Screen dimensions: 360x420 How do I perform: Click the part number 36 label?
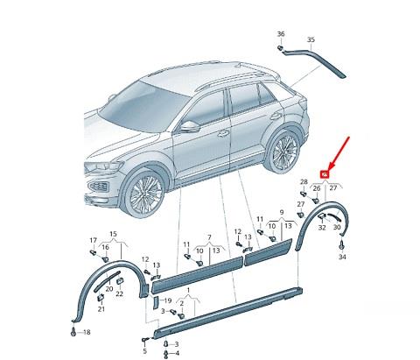coord(281,33)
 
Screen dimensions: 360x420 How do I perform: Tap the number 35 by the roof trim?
coord(310,40)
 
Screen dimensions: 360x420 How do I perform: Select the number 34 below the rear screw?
coord(342,258)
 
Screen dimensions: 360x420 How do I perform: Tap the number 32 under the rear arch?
coord(322,227)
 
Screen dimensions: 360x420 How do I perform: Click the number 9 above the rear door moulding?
coord(281,213)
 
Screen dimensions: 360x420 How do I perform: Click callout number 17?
coord(93,239)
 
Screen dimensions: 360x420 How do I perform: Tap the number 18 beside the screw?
coord(87,333)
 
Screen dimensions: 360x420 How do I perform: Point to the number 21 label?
coord(101,309)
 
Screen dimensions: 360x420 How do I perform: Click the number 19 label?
coord(166,300)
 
